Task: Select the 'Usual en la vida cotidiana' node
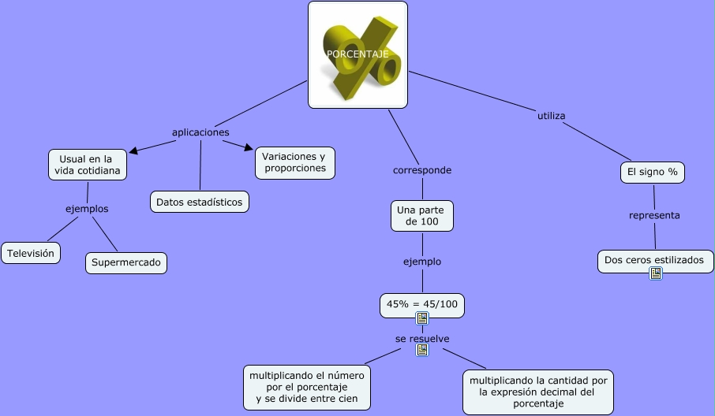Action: (87, 165)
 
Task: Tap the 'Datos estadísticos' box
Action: (200, 202)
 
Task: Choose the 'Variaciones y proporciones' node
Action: (295, 162)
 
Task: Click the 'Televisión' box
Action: (31, 253)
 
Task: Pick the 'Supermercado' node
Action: (126, 262)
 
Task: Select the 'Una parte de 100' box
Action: (422, 216)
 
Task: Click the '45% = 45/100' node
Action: (422, 303)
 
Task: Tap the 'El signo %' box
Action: (652, 172)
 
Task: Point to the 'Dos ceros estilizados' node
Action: (655, 260)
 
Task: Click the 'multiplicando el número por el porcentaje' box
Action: (308, 388)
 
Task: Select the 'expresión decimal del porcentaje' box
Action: (538, 392)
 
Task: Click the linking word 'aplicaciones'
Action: (200, 132)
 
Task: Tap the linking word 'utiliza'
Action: (551, 116)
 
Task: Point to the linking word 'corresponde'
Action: (422, 170)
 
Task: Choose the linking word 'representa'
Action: (654, 215)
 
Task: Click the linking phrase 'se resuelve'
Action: (422, 339)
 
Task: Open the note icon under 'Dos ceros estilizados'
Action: (655, 273)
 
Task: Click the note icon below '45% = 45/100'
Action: (422, 318)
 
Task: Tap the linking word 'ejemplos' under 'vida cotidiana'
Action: (87, 209)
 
